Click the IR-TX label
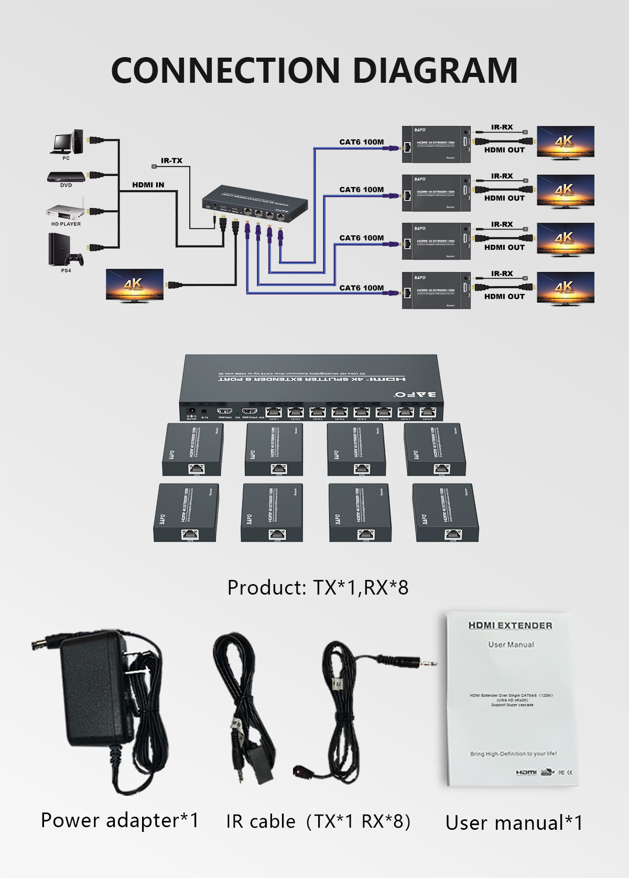pyautogui.click(x=171, y=161)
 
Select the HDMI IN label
pyautogui.click(x=148, y=185)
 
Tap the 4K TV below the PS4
pyautogui.click(x=134, y=285)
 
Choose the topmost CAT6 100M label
pyautogui.click(x=361, y=142)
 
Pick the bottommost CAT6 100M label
pyautogui.click(x=361, y=288)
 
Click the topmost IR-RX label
pyautogui.click(x=502, y=127)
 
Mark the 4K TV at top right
pyautogui.click(x=565, y=141)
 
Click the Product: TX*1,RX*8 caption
pyautogui.click(x=318, y=588)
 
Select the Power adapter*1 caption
pyautogui.click(x=120, y=820)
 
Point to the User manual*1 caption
pyautogui.click(x=514, y=823)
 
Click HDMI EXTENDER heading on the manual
pyautogui.click(x=510, y=625)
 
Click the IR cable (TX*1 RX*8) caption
pyautogui.click(x=318, y=821)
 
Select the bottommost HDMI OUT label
pyautogui.click(x=504, y=297)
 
